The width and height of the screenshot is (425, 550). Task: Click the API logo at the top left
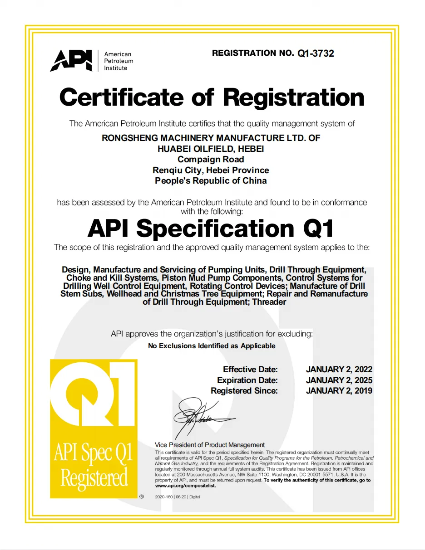click(x=71, y=61)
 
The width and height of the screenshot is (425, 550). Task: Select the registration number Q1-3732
click(x=316, y=54)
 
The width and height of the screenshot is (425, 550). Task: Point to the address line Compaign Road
click(x=211, y=159)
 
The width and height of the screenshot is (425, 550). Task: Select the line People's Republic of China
click(x=211, y=180)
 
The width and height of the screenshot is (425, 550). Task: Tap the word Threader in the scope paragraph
click(x=269, y=302)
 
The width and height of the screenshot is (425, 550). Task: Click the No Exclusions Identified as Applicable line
click(x=212, y=346)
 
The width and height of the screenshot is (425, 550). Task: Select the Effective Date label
click(x=250, y=370)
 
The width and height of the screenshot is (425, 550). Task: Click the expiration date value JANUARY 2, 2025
click(x=339, y=380)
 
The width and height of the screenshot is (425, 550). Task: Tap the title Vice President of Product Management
click(x=209, y=445)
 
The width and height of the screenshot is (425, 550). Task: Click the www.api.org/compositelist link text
click(x=185, y=486)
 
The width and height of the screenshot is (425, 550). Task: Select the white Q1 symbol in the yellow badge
click(x=93, y=393)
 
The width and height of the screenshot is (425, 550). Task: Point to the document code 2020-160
click(x=163, y=497)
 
